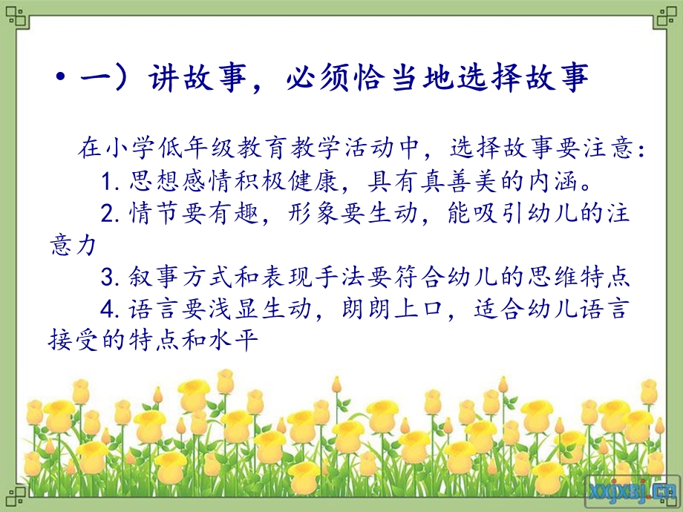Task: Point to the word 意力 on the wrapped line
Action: tap(72, 246)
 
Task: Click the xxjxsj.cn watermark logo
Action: tap(631, 490)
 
